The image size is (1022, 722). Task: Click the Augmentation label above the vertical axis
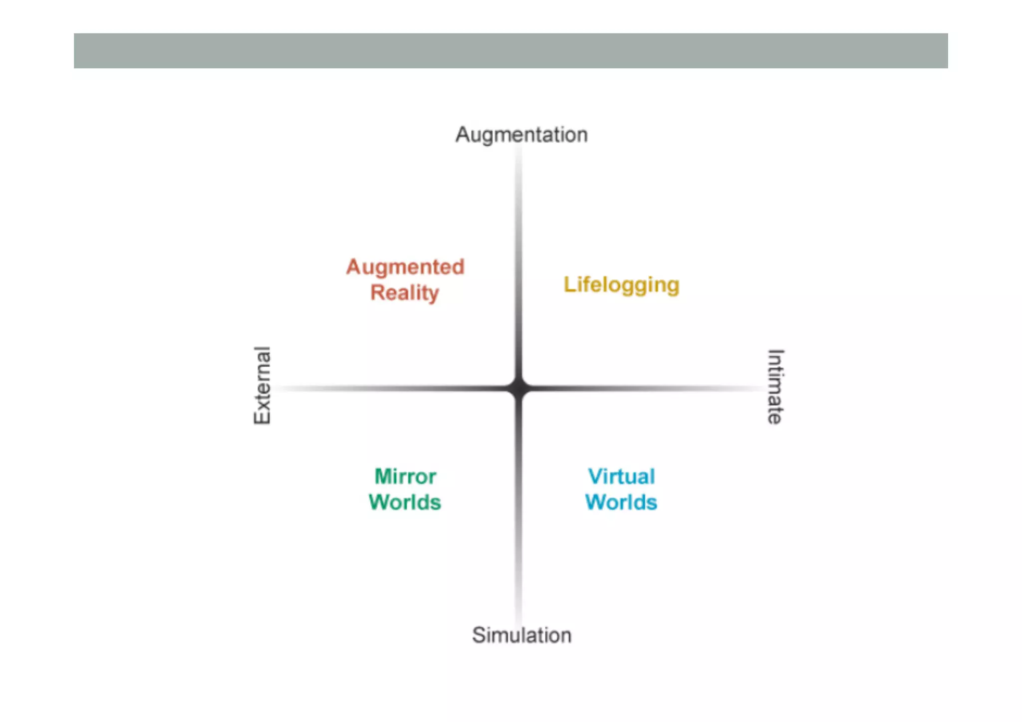coord(521,135)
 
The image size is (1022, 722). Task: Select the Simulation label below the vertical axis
coord(521,635)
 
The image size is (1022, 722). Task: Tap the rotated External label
coord(262,385)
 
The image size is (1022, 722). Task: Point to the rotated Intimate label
coord(775,387)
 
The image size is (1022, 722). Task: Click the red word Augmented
coord(405,267)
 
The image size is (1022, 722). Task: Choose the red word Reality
coord(405,293)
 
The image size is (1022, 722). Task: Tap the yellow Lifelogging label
coord(621,285)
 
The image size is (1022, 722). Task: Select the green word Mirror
coord(405,477)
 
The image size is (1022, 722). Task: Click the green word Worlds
coord(405,502)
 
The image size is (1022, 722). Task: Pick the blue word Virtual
coord(621,477)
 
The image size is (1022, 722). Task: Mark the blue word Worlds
coord(621,502)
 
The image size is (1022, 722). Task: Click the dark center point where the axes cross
coord(519,388)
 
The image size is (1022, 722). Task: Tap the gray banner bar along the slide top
coord(511,51)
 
